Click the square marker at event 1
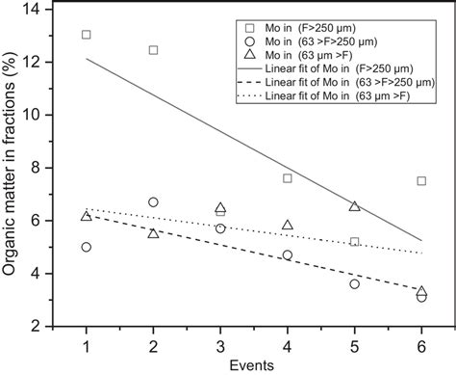(x=87, y=35)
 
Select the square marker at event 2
(x=153, y=49)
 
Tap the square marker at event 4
(x=288, y=178)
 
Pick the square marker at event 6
(x=421, y=180)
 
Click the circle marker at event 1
(x=87, y=247)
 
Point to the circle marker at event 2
(x=153, y=202)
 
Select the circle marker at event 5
(x=355, y=283)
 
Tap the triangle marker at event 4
(x=288, y=225)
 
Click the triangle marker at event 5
(x=355, y=206)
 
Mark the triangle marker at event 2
(x=153, y=233)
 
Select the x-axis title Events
(x=254, y=364)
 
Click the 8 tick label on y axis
(x=36, y=168)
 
